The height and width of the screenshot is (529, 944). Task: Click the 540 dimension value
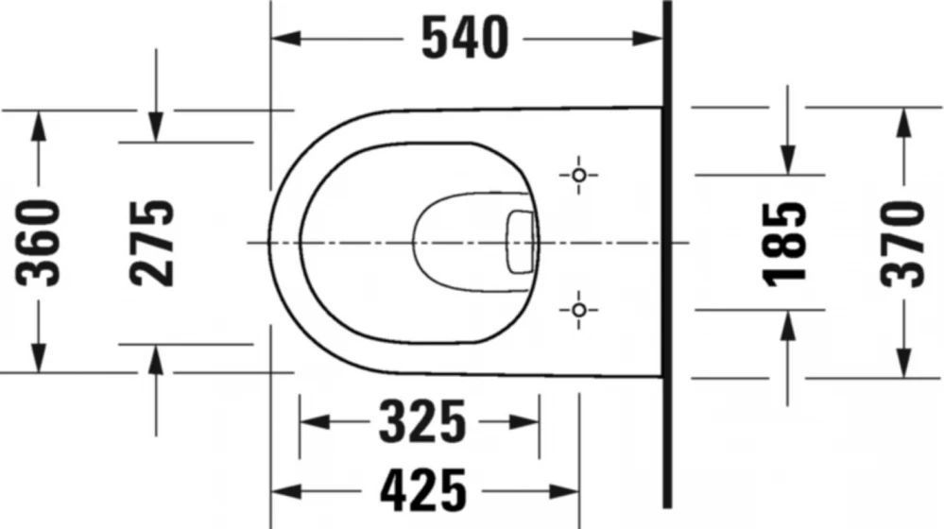click(x=465, y=39)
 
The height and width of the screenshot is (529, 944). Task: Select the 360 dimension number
click(x=38, y=242)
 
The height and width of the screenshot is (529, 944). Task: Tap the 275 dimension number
click(x=152, y=242)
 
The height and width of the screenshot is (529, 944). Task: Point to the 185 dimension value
click(x=784, y=244)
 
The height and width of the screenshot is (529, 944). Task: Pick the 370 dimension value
click(x=901, y=244)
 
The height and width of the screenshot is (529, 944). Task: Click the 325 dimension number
click(x=422, y=421)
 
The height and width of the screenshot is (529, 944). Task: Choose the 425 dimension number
click(x=422, y=491)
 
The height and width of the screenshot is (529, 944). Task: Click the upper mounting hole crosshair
click(x=578, y=175)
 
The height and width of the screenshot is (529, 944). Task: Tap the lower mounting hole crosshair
click(x=578, y=310)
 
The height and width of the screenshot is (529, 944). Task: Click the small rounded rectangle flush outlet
click(x=521, y=242)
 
